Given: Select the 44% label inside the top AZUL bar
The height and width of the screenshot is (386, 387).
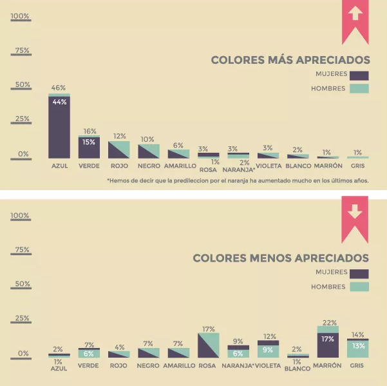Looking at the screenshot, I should pos(59,101).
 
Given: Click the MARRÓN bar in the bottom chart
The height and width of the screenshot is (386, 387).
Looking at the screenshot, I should pos(328,342).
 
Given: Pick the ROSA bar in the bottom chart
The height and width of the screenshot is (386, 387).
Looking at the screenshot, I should pos(209,345).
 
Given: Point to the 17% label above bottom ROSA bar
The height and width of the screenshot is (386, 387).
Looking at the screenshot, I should pos(209,329).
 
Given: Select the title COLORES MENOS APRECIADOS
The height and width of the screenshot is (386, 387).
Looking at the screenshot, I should pos(281,258).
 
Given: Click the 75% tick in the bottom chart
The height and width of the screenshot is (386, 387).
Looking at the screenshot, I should pos(21,250).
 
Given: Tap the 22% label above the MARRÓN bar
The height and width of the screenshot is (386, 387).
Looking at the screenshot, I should pos(328,322).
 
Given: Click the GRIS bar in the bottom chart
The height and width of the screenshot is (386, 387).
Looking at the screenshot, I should pos(357,348).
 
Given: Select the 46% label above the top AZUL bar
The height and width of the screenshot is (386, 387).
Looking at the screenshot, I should pos(59,88).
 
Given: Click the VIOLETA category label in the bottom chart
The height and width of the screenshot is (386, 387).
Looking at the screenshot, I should pos(269,365).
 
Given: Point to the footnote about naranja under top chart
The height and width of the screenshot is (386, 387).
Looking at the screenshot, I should pos(238,180).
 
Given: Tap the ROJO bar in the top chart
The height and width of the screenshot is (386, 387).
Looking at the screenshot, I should pos(119,150).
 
